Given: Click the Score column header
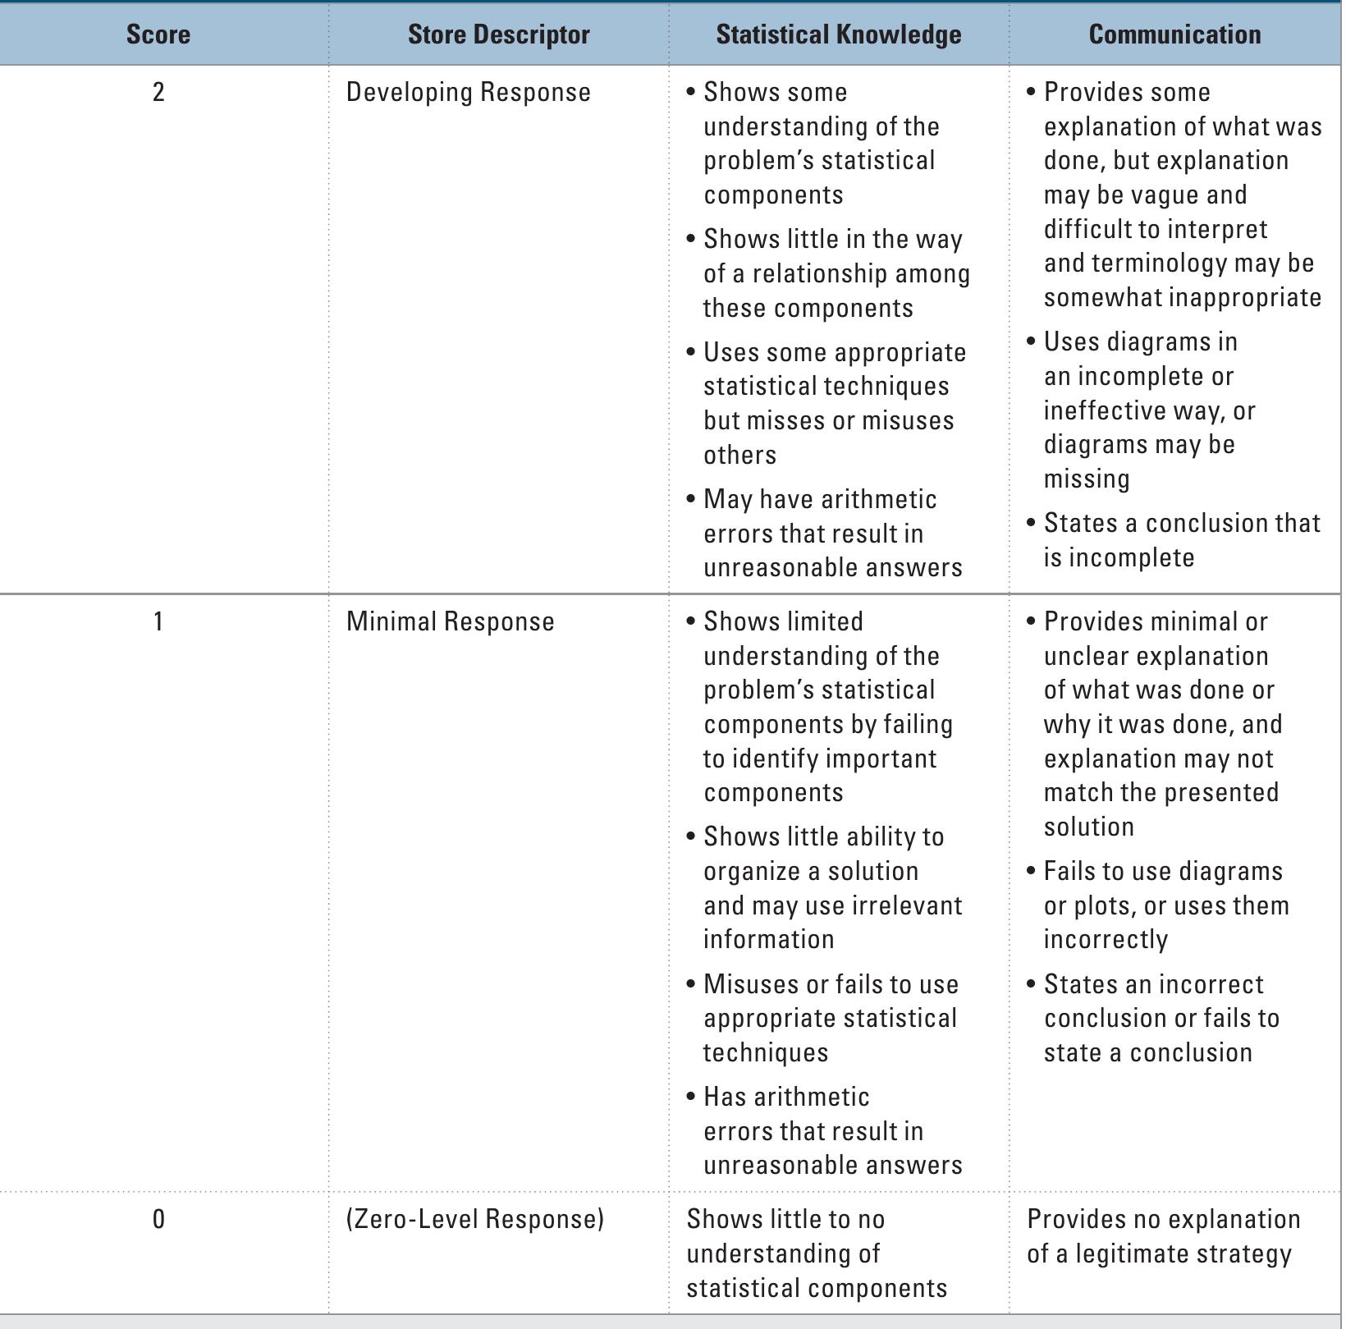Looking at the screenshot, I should tap(158, 34).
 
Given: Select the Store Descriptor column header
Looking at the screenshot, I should tap(498, 34).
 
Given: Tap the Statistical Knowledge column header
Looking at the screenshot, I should tap(838, 34).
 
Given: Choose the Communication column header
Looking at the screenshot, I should tap(1174, 34).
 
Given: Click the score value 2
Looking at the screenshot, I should tap(158, 92).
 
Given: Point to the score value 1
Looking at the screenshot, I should tap(158, 621).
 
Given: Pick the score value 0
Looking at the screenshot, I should tap(158, 1219).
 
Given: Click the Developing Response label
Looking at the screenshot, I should tap(468, 92).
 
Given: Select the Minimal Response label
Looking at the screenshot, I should tap(450, 621).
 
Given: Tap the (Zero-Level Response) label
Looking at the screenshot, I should tap(474, 1219).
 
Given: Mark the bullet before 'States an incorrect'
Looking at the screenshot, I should tap(1032, 984).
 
